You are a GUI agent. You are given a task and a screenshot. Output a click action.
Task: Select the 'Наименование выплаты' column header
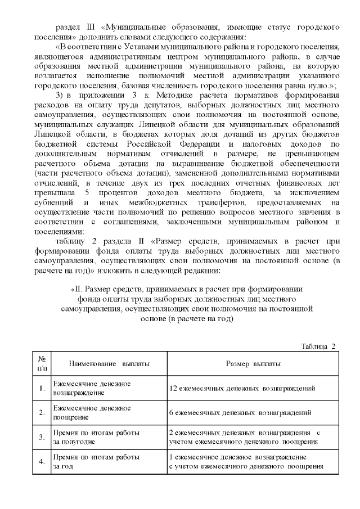[x=101, y=364]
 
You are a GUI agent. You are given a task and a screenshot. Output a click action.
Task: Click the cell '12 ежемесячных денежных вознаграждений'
[x=242, y=388]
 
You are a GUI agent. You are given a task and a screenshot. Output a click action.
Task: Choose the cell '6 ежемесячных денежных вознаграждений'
[x=240, y=413]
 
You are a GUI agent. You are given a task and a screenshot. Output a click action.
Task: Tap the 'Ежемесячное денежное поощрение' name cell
[x=91, y=413]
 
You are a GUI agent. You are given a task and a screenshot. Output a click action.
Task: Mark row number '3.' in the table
[x=42, y=437]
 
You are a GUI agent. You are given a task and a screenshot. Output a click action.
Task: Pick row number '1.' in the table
[x=42, y=388]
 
